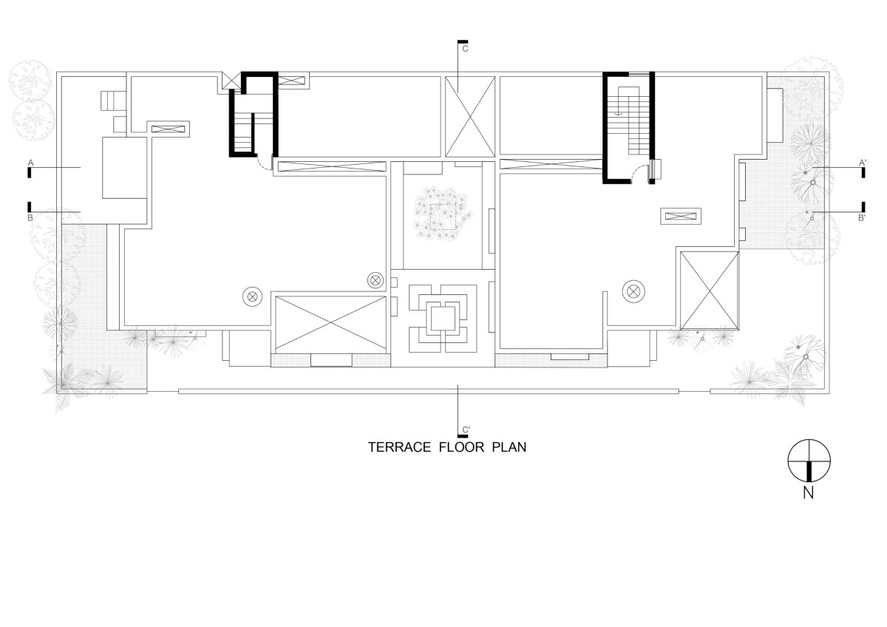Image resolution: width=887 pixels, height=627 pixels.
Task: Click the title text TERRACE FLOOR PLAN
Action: coord(447,447)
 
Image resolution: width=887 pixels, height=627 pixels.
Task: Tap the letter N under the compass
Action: coord(808,492)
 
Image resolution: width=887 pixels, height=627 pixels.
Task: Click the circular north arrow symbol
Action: coord(809,461)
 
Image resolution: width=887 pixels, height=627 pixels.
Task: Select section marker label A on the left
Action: coord(31,163)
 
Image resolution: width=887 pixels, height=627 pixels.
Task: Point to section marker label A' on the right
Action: coord(863,163)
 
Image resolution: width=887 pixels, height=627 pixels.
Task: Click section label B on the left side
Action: coord(30,218)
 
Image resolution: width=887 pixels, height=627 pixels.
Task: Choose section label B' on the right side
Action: coord(862,218)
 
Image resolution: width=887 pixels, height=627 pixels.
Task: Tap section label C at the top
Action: coord(465,49)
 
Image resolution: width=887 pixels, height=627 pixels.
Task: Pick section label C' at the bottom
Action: coord(466,430)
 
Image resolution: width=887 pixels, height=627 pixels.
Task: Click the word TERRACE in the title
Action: coord(400,447)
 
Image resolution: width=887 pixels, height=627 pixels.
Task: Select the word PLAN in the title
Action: coord(509,447)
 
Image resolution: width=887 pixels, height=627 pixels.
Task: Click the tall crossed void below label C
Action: coord(470,117)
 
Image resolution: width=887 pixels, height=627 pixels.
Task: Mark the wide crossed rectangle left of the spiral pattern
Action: coord(330,324)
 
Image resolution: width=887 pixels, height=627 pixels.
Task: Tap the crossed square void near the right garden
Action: coord(710,291)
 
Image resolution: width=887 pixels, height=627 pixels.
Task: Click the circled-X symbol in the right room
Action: coord(633,291)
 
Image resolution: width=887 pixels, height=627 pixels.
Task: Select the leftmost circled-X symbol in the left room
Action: coord(253,296)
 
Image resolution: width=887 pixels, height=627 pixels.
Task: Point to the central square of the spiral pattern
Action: coord(443,319)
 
